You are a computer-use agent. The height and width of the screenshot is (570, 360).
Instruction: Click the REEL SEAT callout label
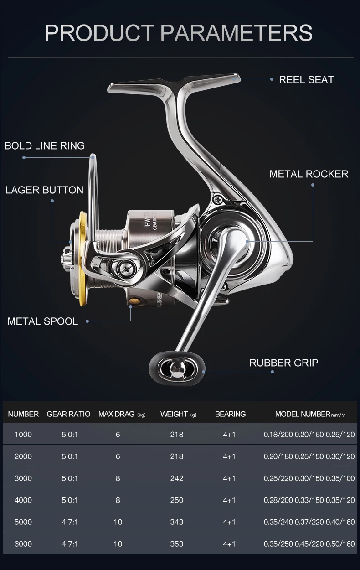point(306,80)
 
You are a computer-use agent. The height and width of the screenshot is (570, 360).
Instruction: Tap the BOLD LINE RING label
point(45,146)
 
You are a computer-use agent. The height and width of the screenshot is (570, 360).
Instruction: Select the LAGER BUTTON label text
point(45,190)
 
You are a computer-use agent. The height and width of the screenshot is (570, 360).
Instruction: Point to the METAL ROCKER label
point(309,174)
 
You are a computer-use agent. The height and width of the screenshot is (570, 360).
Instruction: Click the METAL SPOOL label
point(43,321)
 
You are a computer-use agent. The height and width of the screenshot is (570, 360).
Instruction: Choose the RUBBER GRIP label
point(284,363)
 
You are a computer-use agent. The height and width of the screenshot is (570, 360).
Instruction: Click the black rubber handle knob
point(177,368)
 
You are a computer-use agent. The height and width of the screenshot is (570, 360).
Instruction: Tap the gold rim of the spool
point(82,258)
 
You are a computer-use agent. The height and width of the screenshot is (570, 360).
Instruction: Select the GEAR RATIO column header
point(68,414)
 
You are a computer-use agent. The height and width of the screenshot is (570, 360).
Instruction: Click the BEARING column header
point(230,414)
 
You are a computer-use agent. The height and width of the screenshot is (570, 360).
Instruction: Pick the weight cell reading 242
point(177,478)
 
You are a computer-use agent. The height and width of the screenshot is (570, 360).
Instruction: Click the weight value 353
point(177,544)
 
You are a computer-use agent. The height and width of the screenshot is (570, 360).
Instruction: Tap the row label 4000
point(23,500)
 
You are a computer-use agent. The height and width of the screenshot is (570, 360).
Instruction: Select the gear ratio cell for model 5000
point(70,522)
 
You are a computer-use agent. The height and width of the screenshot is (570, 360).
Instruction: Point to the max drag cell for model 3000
point(118,478)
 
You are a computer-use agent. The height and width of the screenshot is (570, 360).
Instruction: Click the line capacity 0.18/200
point(278,435)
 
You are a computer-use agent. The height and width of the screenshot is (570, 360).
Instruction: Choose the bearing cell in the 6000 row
point(229,544)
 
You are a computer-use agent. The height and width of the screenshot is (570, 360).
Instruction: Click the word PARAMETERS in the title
point(237,32)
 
